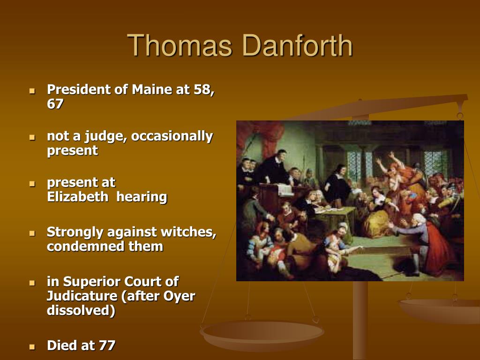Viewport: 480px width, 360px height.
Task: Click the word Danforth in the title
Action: point(297,46)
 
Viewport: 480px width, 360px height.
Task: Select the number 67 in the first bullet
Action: point(55,104)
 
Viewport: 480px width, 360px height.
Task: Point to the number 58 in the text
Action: point(202,89)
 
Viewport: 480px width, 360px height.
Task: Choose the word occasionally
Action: point(172,136)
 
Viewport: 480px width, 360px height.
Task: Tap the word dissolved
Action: point(81,310)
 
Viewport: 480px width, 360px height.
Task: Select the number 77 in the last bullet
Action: point(107,345)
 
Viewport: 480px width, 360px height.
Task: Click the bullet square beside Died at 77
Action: point(32,347)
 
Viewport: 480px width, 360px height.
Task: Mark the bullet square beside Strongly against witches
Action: point(32,233)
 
